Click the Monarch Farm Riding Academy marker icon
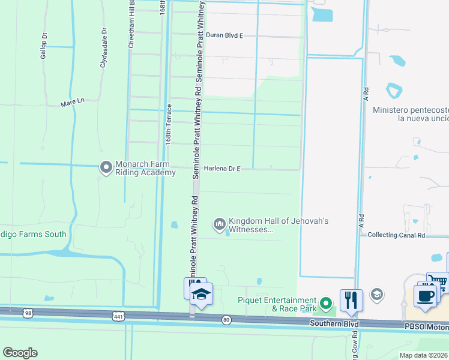coord(106,167)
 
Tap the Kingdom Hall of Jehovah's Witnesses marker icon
coord(219,224)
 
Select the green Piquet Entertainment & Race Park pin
coord(325,304)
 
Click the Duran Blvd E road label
coord(224,35)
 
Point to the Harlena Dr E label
coord(222,169)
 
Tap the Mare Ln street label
coord(73,103)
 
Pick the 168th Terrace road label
coord(169,124)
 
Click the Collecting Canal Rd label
coord(396,235)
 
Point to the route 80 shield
coord(226,320)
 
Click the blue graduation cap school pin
coord(201,295)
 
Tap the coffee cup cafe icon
coord(426,295)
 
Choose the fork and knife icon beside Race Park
coord(351,299)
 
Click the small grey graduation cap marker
coord(377,293)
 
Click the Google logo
coord(20,353)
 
